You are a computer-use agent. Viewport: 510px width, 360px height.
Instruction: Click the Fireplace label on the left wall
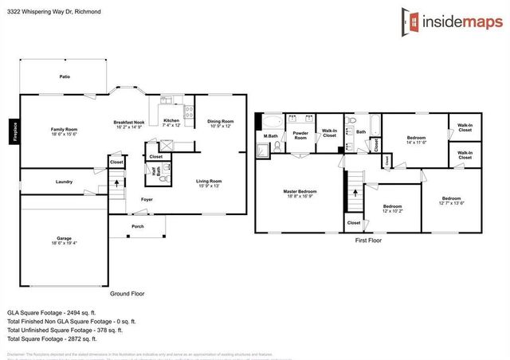pos(14,131)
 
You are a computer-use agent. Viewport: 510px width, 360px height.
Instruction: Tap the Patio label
pos(65,76)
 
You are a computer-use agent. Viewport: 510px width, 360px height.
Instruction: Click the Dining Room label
pos(220,123)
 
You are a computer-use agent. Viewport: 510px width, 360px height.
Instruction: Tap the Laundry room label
pos(65,182)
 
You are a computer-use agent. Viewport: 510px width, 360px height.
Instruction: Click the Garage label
pos(64,240)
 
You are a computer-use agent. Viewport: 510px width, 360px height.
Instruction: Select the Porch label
pos(138,225)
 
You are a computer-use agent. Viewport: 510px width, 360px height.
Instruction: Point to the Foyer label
pos(147,199)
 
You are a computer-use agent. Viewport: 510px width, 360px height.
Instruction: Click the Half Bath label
pos(153,170)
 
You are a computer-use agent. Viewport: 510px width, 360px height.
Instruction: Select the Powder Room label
pos(300,135)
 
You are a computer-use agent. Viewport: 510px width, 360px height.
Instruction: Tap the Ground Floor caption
pos(128,293)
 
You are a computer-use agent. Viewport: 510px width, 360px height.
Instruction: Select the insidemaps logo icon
pos(410,22)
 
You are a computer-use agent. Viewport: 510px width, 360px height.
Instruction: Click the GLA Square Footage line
pos(52,313)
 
